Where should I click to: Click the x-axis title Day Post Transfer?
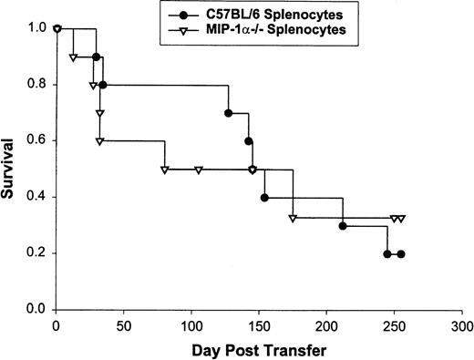[259, 350]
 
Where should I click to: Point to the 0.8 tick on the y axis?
[36, 85]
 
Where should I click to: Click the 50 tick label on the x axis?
[124, 325]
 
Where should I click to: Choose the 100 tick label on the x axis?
[191, 325]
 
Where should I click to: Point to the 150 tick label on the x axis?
[260, 325]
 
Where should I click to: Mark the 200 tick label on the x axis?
[327, 325]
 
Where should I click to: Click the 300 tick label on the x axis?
[462, 325]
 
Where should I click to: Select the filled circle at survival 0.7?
[228, 113]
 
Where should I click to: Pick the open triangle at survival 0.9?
[74, 57]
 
